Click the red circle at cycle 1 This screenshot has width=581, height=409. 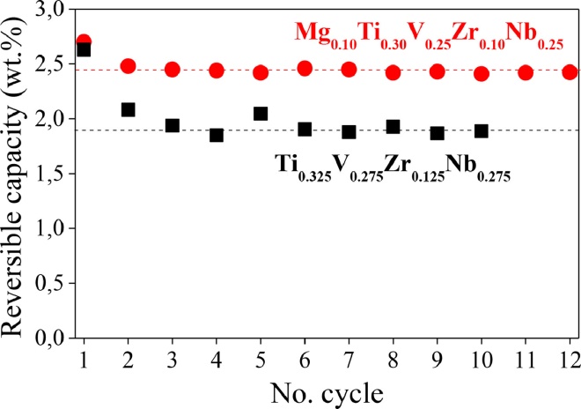[x=84, y=41]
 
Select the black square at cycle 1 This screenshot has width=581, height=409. [x=84, y=49]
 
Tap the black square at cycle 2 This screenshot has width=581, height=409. [x=128, y=109]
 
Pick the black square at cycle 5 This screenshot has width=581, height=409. [x=261, y=113]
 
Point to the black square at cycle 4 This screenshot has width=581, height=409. [x=217, y=135]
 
